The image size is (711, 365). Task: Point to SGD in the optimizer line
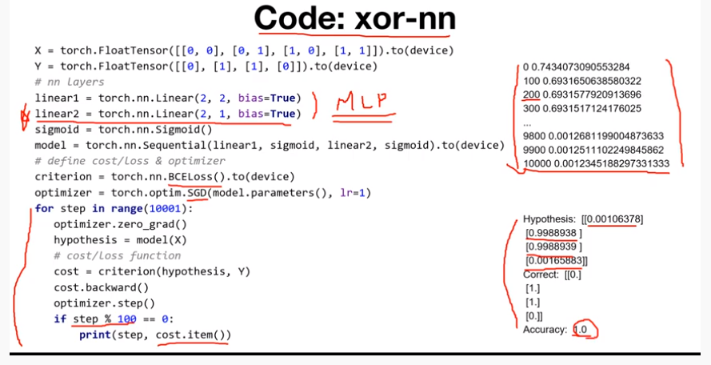tap(198, 192)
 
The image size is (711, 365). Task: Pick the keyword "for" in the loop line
tap(45, 208)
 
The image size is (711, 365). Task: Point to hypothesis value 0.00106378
tap(612, 219)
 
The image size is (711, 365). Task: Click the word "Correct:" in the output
tap(541, 274)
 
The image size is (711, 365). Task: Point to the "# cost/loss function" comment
tap(118, 255)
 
